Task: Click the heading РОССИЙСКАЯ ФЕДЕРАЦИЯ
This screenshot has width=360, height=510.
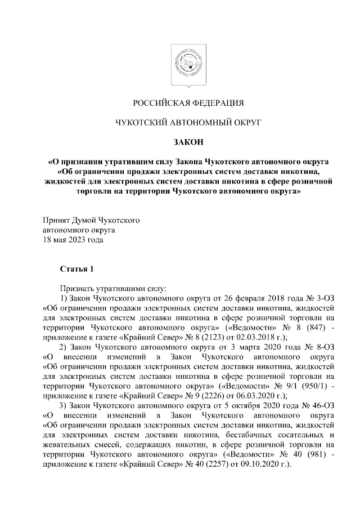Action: (x=188, y=103)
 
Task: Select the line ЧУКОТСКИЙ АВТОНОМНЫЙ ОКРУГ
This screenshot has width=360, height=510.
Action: (x=188, y=122)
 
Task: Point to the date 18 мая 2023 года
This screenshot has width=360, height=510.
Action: (x=73, y=240)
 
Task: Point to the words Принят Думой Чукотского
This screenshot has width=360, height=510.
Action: (x=91, y=220)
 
